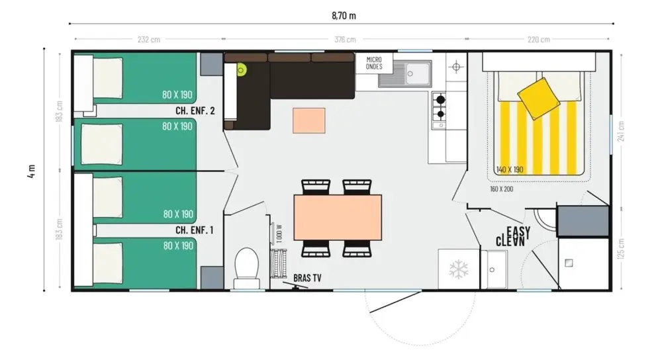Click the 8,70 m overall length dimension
(344, 16)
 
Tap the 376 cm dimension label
(345, 39)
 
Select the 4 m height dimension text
(32, 171)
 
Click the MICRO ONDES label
(374, 64)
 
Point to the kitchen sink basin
(415, 73)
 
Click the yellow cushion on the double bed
(539, 99)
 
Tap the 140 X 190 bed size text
(510, 169)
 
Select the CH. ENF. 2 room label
(195, 111)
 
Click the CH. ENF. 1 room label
(194, 230)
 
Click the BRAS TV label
(307, 278)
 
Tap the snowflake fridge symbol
(459, 269)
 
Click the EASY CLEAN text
(513, 236)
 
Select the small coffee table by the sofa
(309, 120)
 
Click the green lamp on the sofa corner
(241, 70)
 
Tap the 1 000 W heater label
(279, 234)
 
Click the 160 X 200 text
(502, 189)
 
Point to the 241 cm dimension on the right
(621, 132)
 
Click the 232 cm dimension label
(149, 40)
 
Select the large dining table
(338, 217)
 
